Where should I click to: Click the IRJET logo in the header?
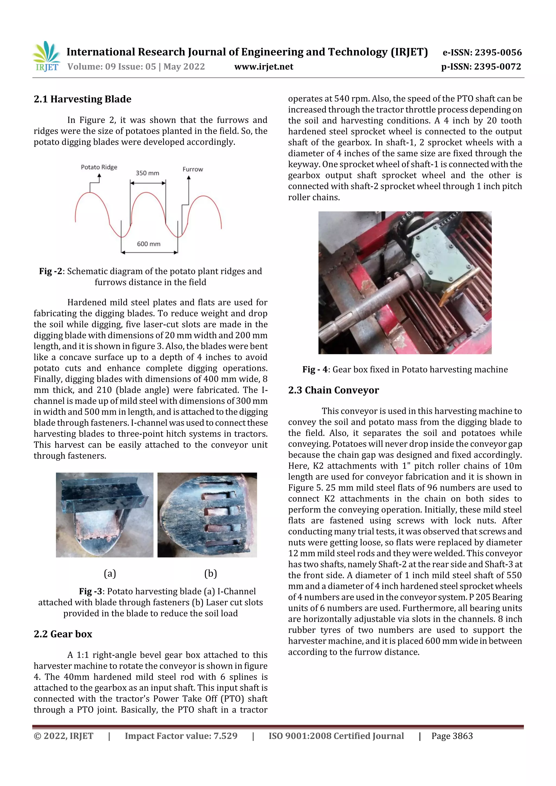[x=47, y=56]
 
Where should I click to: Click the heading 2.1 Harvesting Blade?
[x=82, y=99]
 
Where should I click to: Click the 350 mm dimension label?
[x=147, y=173]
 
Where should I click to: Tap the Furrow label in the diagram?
[x=192, y=169]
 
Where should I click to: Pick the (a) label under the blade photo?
[x=110, y=573]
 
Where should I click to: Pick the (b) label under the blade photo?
[x=210, y=573]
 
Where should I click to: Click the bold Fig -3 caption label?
[x=90, y=591]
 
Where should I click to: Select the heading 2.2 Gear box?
[x=63, y=634]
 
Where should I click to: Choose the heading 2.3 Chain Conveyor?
[x=333, y=390]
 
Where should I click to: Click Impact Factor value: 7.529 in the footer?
[x=181, y=736]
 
